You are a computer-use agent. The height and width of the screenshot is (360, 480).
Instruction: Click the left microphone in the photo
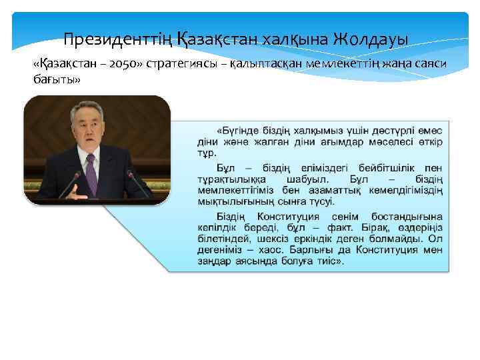(x=71, y=183)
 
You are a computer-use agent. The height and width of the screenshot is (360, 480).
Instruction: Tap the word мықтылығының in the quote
(x=231, y=201)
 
